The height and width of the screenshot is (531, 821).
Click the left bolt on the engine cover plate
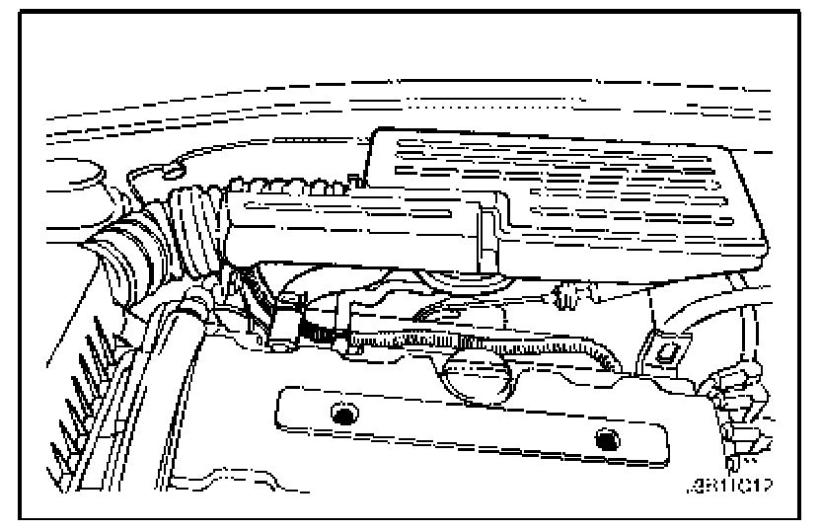[343, 416]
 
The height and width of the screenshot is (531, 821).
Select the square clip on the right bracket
[657, 347]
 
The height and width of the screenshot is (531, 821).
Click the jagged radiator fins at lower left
[84, 395]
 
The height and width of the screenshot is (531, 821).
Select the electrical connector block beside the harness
[286, 321]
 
